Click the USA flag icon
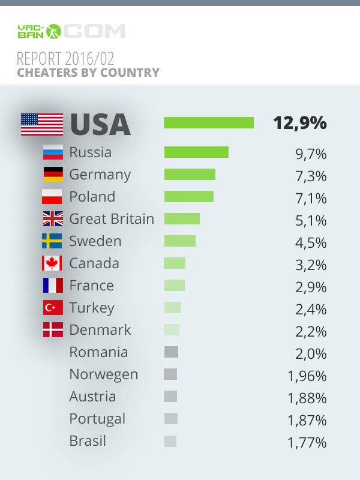tap(41, 124)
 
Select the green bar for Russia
tap(196, 152)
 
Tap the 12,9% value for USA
tap(299, 123)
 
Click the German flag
tap(53, 175)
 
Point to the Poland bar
tap(189, 197)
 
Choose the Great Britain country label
tap(112, 219)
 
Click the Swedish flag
tap(53, 241)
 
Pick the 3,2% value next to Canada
tap(310, 265)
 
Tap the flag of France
tap(53, 286)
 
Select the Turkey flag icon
tap(53, 308)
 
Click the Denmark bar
tap(172, 330)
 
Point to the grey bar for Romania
tap(171, 352)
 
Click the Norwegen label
tap(103, 374)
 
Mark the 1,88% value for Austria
tap(307, 398)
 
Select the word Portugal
tap(97, 419)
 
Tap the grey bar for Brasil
tap(170, 441)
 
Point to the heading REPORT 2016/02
tap(65, 59)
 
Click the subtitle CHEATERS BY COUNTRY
tap(88, 73)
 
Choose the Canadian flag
tap(53, 263)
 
